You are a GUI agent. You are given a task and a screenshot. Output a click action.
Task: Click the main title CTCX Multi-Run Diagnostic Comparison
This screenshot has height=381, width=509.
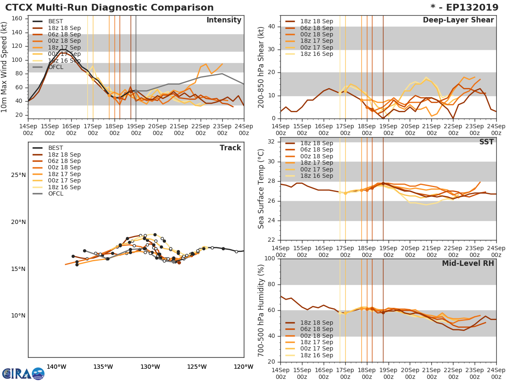[x=109, y=8]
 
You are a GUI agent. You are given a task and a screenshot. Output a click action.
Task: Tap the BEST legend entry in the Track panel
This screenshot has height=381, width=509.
[x=56, y=148]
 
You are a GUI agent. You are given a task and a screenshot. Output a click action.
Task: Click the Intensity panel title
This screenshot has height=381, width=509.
[x=224, y=20]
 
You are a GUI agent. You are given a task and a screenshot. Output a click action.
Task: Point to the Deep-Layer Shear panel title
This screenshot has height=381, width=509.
[x=458, y=20]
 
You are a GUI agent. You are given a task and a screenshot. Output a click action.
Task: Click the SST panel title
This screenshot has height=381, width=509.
[x=486, y=142]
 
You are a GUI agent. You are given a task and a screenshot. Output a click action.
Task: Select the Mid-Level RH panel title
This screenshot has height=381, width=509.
[x=468, y=263]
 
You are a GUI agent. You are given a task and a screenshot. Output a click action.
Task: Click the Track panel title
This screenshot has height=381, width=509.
[x=230, y=148]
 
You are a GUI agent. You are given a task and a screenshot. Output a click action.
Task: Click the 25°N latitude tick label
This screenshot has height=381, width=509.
[x=18, y=175]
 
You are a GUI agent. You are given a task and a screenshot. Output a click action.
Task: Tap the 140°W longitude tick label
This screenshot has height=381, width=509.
[x=56, y=367]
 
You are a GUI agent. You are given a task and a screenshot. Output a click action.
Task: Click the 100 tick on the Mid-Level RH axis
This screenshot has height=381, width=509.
[x=270, y=259]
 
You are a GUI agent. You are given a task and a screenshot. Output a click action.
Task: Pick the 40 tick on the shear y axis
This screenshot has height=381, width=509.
[x=272, y=27]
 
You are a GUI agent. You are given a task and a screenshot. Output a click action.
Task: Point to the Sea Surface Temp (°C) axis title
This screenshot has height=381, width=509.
[x=261, y=189]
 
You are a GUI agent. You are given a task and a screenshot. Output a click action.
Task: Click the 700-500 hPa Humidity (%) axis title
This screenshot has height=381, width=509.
[x=261, y=310]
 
